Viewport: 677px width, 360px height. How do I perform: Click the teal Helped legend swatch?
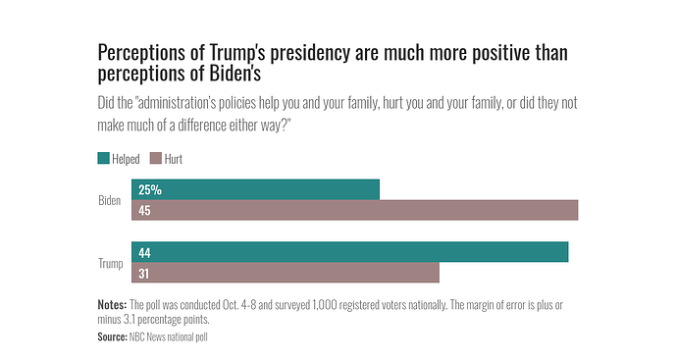click(104, 158)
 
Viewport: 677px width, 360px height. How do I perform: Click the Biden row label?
click(110, 200)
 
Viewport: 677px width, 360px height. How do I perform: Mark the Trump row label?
click(110, 263)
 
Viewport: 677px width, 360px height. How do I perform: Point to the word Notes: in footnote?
click(113, 305)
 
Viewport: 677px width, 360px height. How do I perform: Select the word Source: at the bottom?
click(113, 336)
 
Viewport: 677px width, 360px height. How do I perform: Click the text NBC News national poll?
click(169, 336)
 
